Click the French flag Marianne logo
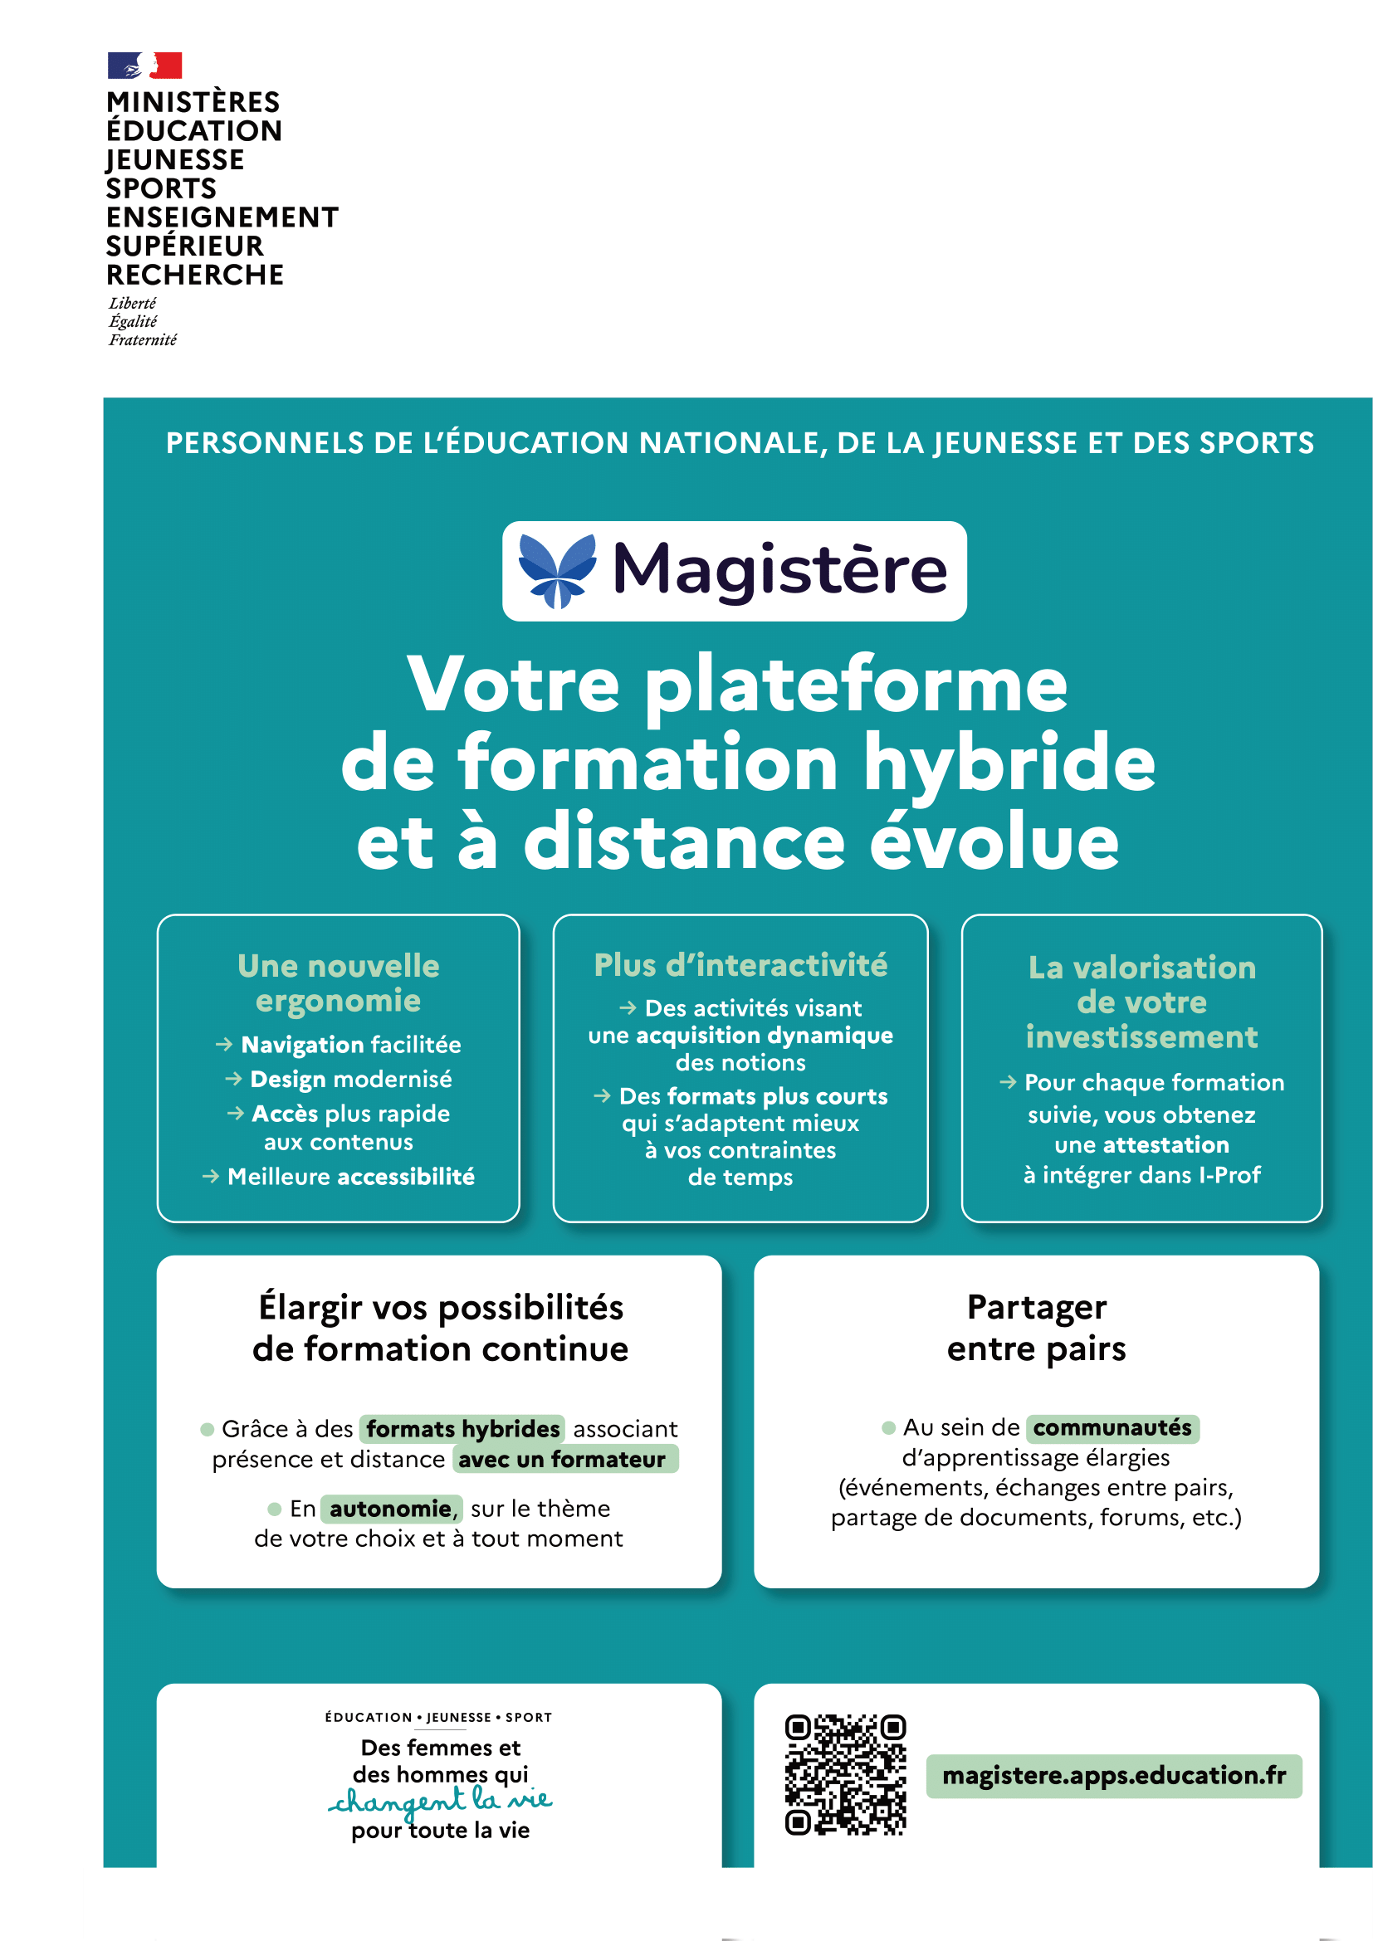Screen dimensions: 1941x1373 [x=144, y=65]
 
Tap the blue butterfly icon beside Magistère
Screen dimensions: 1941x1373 [x=557, y=571]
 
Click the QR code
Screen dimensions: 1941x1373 [x=844, y=1774]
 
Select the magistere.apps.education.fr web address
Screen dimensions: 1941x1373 [x=1113, y=1775]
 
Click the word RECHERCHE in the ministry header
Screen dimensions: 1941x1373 [x=194, y=276]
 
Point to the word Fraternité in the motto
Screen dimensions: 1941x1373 [x=143, y=340]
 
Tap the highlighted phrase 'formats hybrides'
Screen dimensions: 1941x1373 [x=462, y=1429]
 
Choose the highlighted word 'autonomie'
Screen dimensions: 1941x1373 [x=391, y=1509]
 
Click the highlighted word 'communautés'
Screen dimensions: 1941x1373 [x=1112, y=1428]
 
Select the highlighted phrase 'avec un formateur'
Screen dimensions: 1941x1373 [x=562, y=1460]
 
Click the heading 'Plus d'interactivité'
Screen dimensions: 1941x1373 [x=740, y=965]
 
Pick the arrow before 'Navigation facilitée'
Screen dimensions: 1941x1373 [x=224, y=1045]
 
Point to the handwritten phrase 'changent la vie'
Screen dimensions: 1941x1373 [x=440, y=1802]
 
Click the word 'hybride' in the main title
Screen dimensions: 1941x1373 [x=1009, y=763]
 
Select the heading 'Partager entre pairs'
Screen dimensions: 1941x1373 [x=1036, y=1328]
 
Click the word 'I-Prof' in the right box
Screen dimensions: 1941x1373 [x=1229, y=1175]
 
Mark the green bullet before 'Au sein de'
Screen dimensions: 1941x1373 [x=888, y=1428]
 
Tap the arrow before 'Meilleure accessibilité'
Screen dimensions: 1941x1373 [x=211, y=1177]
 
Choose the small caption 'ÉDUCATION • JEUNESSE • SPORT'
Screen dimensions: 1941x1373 [x=438, y=1717]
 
